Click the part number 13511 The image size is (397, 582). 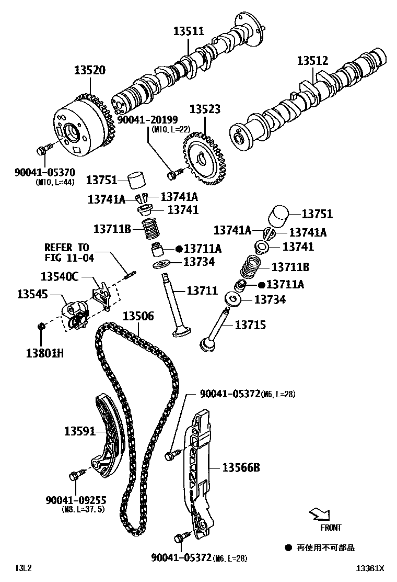coord(189,31)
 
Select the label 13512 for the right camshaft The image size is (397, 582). coord(312,61)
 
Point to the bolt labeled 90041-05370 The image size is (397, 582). coord(43,150)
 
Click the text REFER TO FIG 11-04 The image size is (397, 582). coord(66,252)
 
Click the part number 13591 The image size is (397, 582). coord(80,431)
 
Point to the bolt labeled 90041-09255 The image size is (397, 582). coord(74,476)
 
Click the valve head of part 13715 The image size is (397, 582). coord(207,344)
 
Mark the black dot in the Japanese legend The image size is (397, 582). coord(288,547)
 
